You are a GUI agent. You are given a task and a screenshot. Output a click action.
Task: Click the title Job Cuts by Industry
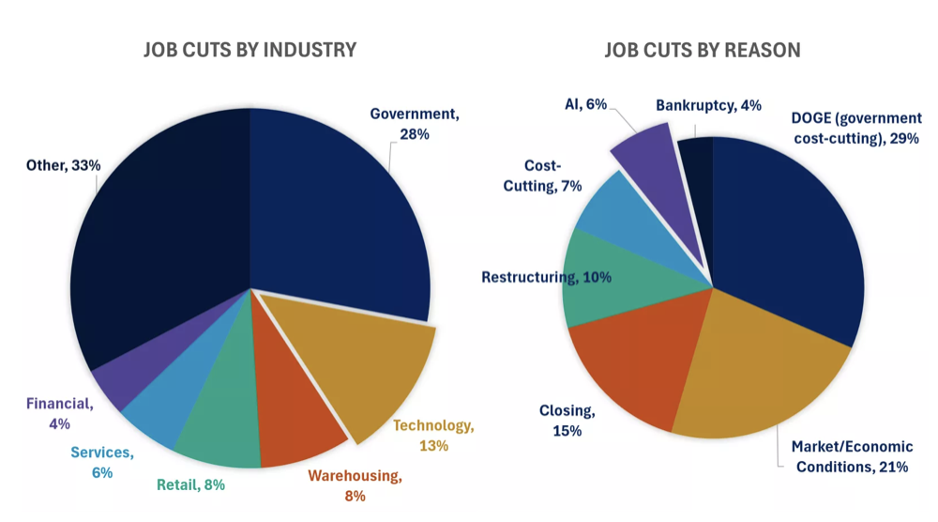pos(250,50)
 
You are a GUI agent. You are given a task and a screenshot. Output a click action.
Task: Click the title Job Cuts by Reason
pos(702,50)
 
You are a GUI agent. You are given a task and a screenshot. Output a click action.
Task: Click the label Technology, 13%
pos(433,436)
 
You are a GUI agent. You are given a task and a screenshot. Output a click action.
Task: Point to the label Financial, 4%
pos(59,414)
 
